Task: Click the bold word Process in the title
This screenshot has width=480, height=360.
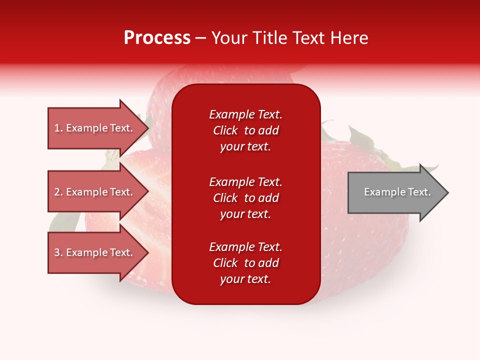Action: point(157,37)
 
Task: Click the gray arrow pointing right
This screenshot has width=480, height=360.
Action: point(395,192)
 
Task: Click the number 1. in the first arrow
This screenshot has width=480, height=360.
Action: point(58,128)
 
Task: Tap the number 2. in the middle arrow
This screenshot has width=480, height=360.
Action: point(58,192)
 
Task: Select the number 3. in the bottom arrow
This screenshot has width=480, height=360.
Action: point(58,252)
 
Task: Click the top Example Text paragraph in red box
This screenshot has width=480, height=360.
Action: point(245,130)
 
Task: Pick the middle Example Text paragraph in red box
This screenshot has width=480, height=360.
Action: point(245,198)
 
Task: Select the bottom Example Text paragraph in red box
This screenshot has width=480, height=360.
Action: point(245,263)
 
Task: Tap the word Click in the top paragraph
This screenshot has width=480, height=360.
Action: point(225,130)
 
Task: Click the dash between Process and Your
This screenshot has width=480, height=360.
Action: point(201,38)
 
